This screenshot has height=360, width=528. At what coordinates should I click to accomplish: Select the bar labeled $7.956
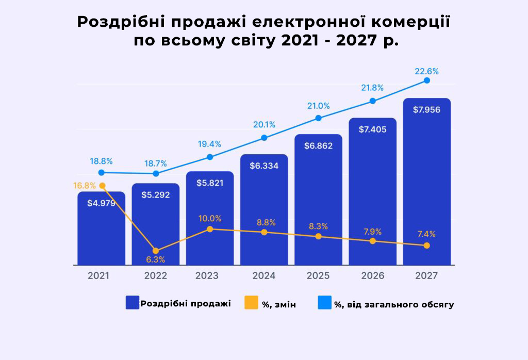427,181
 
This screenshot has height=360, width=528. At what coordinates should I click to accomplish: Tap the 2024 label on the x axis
264,276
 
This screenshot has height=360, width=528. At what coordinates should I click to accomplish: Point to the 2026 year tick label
373,276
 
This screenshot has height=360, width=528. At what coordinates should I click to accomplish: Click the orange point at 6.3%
156,251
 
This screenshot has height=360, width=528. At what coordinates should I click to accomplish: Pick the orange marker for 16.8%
102,186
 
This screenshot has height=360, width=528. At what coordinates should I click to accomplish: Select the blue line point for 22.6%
427,80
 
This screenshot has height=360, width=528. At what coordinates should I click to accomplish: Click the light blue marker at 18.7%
156,174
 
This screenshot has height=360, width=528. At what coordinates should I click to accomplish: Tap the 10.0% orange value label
210,218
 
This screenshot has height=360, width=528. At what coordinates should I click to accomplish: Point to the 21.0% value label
319,106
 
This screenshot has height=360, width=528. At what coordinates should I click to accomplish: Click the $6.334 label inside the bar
264,166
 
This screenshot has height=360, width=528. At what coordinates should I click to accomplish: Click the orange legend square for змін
251,303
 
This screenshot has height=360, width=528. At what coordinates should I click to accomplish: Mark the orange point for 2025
319,236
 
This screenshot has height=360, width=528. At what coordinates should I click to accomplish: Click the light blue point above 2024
264,138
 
